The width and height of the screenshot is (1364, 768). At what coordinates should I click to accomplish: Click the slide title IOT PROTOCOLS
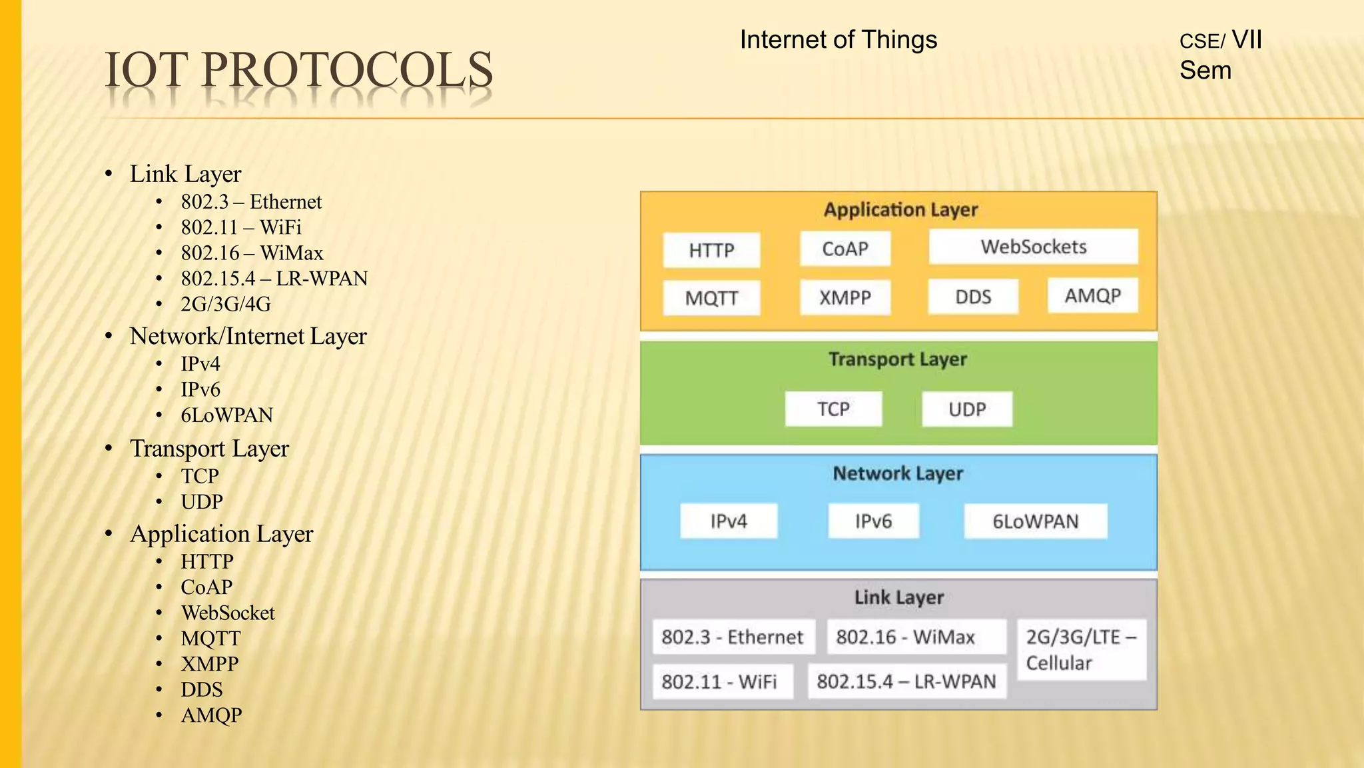[298, 70]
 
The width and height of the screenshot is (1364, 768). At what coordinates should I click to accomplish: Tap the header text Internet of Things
[838, 40]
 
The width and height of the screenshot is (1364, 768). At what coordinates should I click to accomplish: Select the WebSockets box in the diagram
[1033, 247]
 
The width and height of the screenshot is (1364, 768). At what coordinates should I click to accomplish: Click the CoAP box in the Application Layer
[845, 249]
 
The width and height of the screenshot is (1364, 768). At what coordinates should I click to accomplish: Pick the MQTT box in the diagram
[711, 298]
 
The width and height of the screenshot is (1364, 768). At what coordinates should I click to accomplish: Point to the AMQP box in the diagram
[1092, 296]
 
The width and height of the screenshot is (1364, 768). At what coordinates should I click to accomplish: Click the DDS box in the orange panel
[972, 297]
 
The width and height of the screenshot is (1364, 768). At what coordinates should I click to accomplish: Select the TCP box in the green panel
[833, 409]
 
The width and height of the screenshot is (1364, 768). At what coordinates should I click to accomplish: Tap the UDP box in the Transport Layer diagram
[966, 409]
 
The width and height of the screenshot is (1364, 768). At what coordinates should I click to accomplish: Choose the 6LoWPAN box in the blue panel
[1035, 521]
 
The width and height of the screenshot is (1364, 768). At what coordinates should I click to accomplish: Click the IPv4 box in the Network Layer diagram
[728, 521]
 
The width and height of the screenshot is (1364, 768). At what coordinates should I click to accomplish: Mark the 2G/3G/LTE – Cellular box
[1081, 650]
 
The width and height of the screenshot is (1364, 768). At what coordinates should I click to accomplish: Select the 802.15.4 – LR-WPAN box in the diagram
[906, 681]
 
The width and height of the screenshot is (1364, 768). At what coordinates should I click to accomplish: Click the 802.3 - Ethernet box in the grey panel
[733, 637]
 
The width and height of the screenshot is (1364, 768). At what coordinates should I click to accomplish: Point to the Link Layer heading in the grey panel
[898, 597]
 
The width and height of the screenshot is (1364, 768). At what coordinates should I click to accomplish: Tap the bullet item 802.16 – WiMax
[252, 253]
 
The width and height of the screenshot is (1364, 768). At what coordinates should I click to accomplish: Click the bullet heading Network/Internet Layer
[248, 336]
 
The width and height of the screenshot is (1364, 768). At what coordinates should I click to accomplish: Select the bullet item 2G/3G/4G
[226, 305]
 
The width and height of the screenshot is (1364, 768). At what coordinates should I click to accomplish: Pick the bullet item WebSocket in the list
[228, 613]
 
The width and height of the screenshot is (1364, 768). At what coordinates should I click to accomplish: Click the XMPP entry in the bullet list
[209, 664]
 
